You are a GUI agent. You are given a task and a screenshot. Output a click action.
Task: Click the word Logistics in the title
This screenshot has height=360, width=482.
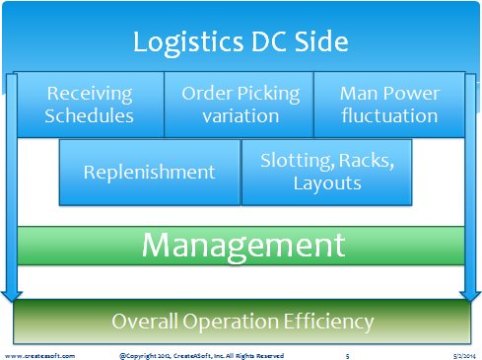[x=188, y=43]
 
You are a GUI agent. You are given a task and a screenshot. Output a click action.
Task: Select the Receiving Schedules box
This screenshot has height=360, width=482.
[x=90, y=105]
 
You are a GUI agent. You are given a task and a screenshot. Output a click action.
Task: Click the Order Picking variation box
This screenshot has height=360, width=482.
[x=239, y=105]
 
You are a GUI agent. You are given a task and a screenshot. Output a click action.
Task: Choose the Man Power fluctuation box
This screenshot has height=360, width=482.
[x=389, y=105]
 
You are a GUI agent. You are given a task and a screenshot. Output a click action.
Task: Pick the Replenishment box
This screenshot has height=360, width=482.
[x=150, y=173]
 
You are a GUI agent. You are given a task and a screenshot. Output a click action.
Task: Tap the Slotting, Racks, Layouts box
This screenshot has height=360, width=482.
[x=326, y=173]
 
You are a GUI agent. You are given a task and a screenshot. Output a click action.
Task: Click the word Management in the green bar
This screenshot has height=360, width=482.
[x=243, y=247]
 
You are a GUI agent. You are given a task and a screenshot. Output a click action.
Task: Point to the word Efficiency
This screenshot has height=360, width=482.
[x=328, y=322]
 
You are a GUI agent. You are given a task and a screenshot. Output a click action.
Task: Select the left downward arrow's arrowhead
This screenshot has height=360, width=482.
[x=12, y=296]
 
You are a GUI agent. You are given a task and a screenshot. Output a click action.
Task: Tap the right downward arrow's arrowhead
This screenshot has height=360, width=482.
[x=470, y=296]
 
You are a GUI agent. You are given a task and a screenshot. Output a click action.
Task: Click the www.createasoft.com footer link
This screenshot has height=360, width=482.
[x=39, y=356]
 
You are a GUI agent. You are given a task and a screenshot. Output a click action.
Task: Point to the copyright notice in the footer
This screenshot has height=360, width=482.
[x=201, y=356]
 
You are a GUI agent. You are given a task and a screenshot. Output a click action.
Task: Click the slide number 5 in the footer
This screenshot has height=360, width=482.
[x=348, y=356]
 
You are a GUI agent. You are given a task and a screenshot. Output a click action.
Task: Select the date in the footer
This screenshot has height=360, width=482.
[x=464, y=356]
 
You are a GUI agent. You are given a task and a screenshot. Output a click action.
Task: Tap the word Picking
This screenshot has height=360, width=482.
[x=268, y=95]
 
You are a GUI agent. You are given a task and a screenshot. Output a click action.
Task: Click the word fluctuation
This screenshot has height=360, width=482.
[x=389, y=115]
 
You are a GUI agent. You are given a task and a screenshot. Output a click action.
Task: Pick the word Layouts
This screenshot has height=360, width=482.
[x=327, y=183]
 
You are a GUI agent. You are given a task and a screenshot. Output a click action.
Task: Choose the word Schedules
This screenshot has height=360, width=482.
[x=89, y=115]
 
